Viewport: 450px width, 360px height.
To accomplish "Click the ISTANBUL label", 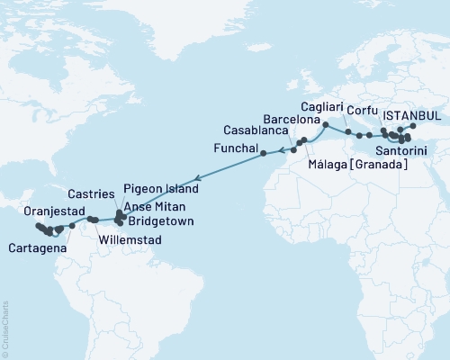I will [x=413, y=116].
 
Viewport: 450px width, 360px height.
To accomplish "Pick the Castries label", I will [x=91, y=194].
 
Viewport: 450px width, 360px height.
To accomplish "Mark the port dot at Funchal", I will [x=264, y=153].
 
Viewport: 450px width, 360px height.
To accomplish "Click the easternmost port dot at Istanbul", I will [x=412, y=126].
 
